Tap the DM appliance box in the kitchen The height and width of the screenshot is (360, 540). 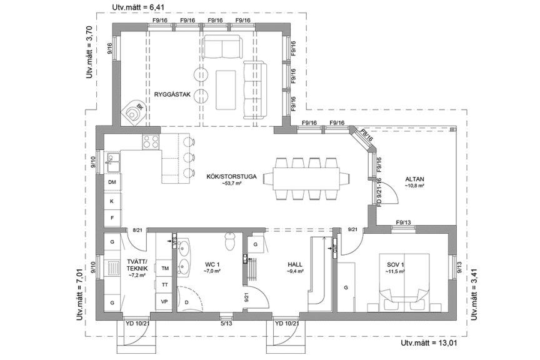(x=112, y=182)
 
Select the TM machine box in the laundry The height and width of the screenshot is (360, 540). (x=165, y=268)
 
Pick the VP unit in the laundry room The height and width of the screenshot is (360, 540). (x=165, y=301)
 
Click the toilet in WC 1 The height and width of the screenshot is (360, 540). (x=230, y=239)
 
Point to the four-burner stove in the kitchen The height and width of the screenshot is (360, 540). (x=151, y=142)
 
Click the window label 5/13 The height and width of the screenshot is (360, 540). (x=227, y=323)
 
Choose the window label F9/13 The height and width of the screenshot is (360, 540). (x=403, y=223)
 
